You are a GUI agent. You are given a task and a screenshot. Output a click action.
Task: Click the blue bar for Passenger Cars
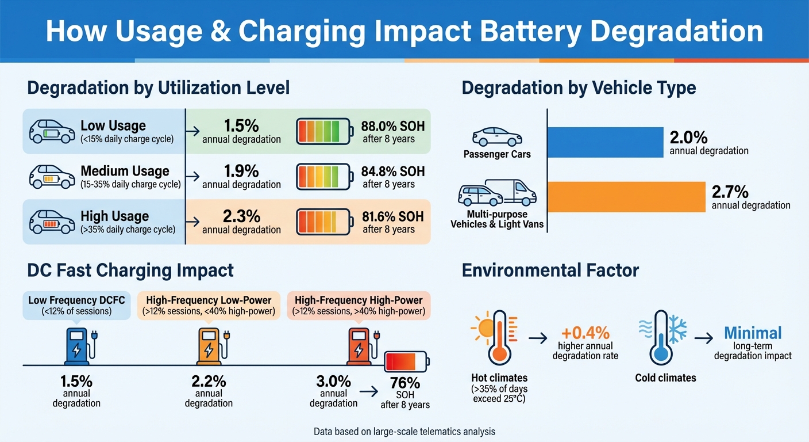(604, 142)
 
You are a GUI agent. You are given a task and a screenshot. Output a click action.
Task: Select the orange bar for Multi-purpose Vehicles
(626, 197)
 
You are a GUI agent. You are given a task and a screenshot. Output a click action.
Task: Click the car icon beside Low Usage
(52, 131)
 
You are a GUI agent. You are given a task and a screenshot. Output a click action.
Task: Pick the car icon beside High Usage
(52, 222)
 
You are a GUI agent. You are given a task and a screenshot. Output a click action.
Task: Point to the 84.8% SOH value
(392, 171)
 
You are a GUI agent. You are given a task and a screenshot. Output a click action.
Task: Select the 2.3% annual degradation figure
(241, 216)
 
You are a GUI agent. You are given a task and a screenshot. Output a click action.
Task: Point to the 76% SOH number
(405, 383)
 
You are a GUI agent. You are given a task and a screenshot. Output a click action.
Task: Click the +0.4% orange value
(585, 333)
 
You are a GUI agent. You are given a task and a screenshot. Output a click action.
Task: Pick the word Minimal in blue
(753, 333)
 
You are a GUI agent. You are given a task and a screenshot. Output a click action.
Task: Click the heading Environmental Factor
(550, 270)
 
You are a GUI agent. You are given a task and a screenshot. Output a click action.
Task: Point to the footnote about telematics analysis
(404, 431)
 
